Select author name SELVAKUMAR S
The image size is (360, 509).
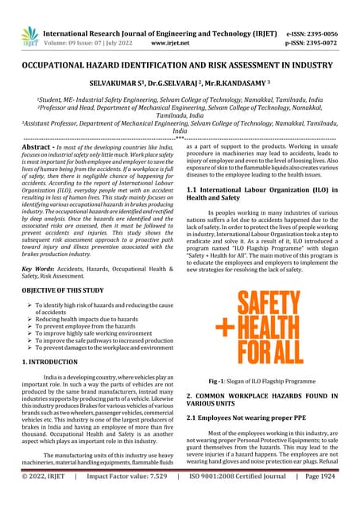pos(116,81)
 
